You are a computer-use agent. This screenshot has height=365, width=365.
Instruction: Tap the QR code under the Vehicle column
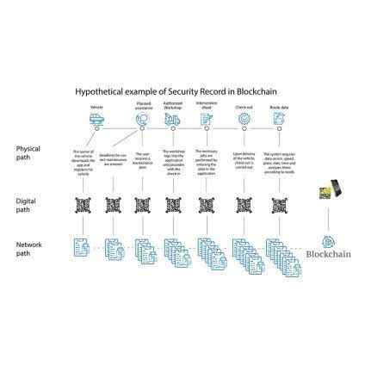tap(84, 206)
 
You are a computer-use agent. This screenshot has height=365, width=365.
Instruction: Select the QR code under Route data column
tap(277, 206)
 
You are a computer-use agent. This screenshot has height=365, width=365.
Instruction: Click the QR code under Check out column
tap(244, 206)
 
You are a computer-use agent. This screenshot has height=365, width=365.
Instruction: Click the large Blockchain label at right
tap(328, 254)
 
